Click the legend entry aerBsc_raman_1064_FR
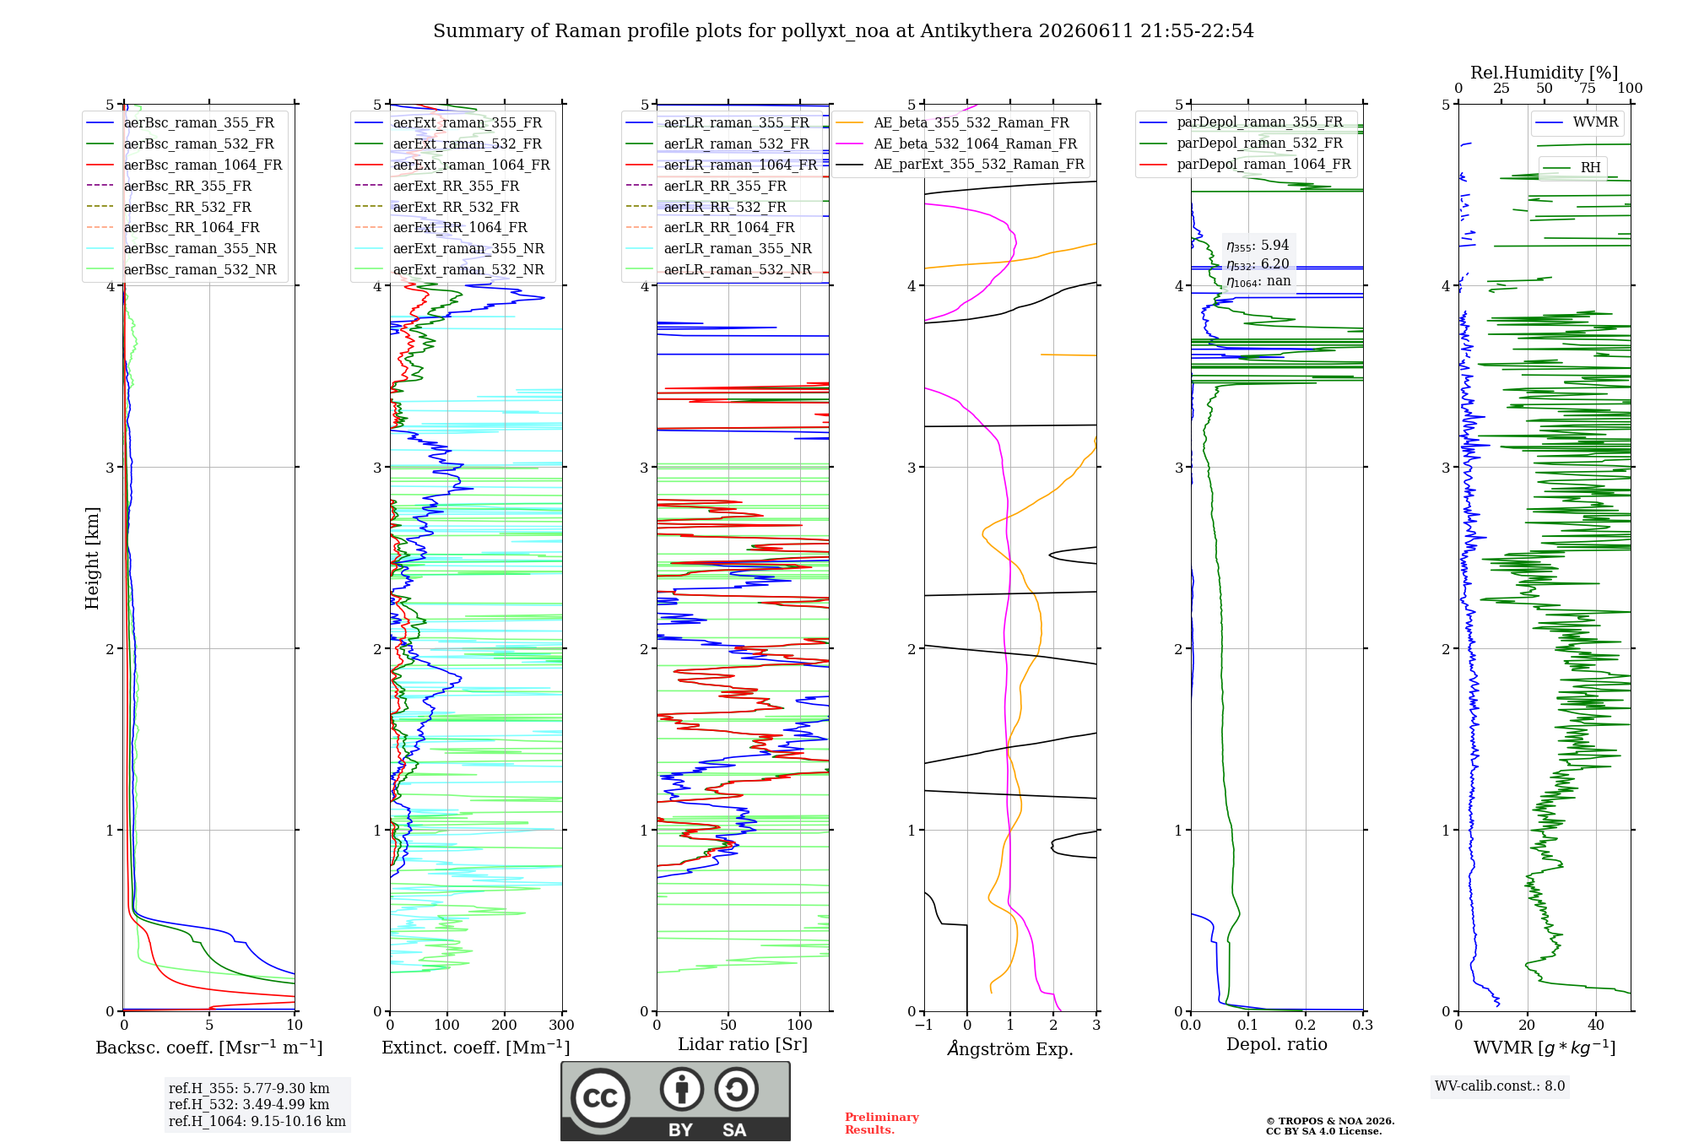pos(184,165)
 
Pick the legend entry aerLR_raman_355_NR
pos(718,249)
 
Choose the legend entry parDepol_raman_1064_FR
pos(1245,164)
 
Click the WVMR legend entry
pos(1577,122)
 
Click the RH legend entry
pos(1572,168)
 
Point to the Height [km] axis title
pos(92,558)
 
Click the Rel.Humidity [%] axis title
pos(1545,73)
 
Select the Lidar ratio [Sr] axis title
pos(743,1044)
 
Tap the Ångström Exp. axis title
pos(1010,1048)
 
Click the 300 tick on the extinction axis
pos(561,1025)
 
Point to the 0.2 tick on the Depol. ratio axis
pos(1306,1025)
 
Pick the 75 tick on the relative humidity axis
pos(1588,88)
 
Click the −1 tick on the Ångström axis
pos(923,1025)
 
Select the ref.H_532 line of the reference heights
pos(249,1104)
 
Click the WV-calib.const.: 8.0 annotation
pos(1500,1086)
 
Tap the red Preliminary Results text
pos(882,1124)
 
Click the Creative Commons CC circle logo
pos(600,1098)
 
